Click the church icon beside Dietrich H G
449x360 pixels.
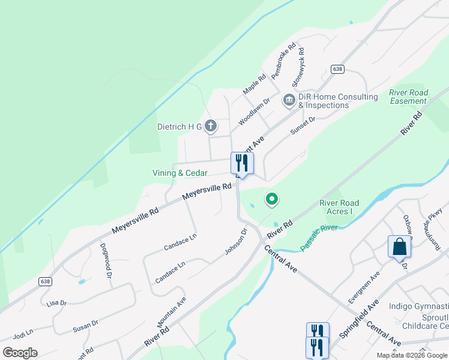(210, 126)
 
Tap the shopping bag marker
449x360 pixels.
(399, 246)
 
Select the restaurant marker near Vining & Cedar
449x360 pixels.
(242, 163)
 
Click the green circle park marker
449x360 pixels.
(272, 199)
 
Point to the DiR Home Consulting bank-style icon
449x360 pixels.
(289, 100)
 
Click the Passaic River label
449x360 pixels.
(319, 237)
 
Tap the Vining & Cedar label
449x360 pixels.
(179, 173)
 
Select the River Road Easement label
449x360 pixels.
(408, 97)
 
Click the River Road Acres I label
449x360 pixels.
(339, 208)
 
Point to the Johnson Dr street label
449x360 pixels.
(236, 241)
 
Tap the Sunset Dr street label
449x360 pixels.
(303, 126)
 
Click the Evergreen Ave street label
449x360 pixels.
(364, 286)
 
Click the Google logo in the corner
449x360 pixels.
(20, 353)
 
